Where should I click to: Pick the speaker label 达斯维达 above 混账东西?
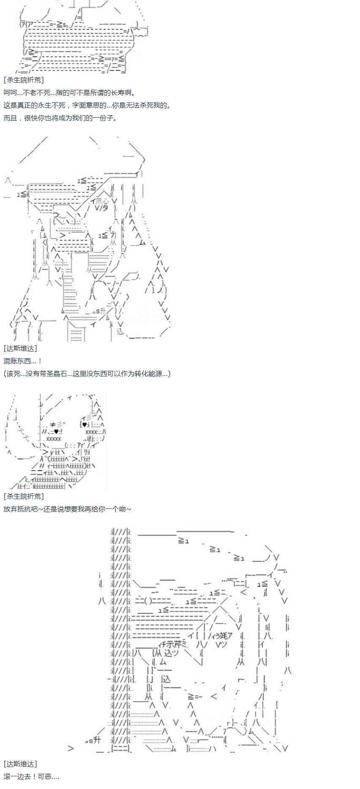(x=20, y=349)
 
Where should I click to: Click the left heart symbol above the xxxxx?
(x=56, y=432)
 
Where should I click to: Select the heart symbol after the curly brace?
(x=84, y=424)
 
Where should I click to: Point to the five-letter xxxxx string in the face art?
(x=54, y=439)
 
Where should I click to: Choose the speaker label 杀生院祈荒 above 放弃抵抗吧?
(x=24, y=497)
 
